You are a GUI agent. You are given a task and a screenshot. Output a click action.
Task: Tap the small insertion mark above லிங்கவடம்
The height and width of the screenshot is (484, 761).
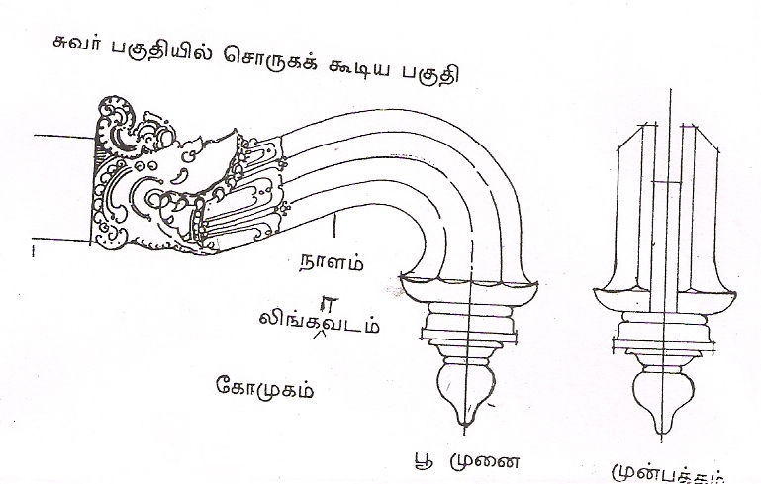pos(324,304)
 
